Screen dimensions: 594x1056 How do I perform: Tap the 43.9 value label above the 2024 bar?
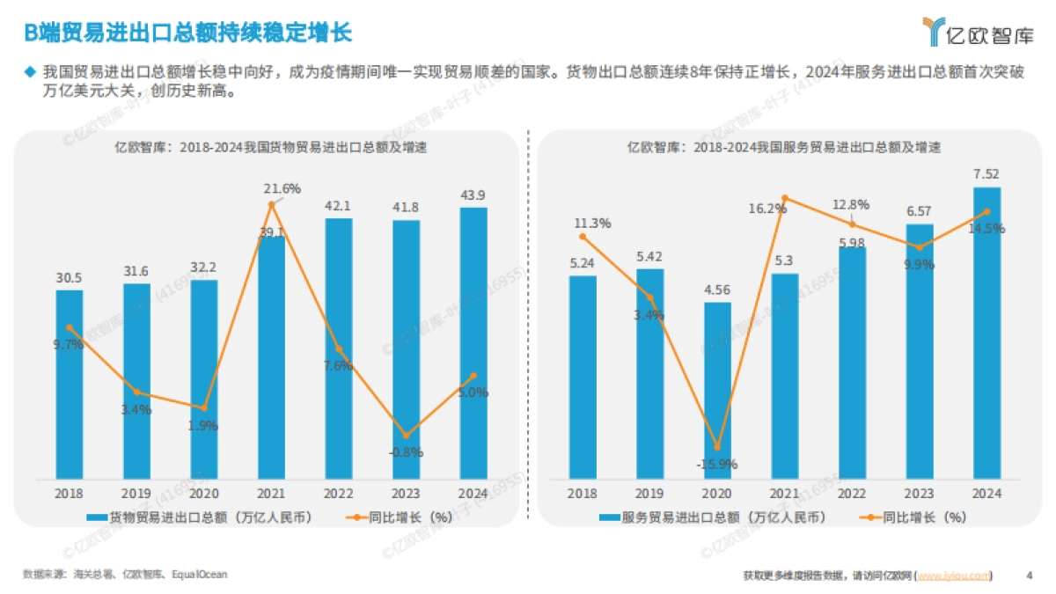[473, 194]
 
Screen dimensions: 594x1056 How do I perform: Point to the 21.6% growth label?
[282, 187]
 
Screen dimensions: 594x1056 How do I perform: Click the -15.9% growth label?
[716, 464]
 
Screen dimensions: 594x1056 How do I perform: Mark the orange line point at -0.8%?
[406, 436]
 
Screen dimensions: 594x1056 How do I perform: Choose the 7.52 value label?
[986, 173]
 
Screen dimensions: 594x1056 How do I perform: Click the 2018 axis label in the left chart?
[70, 494]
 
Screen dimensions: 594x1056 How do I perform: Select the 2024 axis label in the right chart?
[986, 494]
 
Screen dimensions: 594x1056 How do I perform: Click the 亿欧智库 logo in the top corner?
[978, 33]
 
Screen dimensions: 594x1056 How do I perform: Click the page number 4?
[1030, 576]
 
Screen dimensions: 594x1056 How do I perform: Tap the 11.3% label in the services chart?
[592, 223]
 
